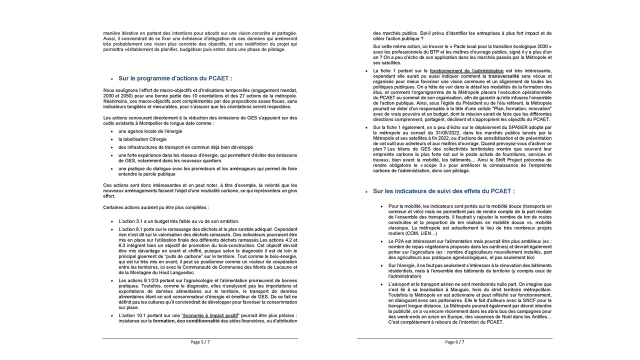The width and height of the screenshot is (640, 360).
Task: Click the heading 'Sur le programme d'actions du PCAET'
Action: pyautogui.click(x=175, y=78)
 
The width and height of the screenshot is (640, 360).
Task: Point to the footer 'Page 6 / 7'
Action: pyautogui.click(x=454, y=342)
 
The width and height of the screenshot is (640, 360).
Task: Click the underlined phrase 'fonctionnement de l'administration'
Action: pyautogui.click(x=466, y=71)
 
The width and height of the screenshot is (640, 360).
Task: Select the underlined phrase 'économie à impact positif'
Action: pyautogui.click(x=210, y=315)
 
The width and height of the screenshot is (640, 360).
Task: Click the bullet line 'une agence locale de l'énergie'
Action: pyautogui.click(x=143, y=131)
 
